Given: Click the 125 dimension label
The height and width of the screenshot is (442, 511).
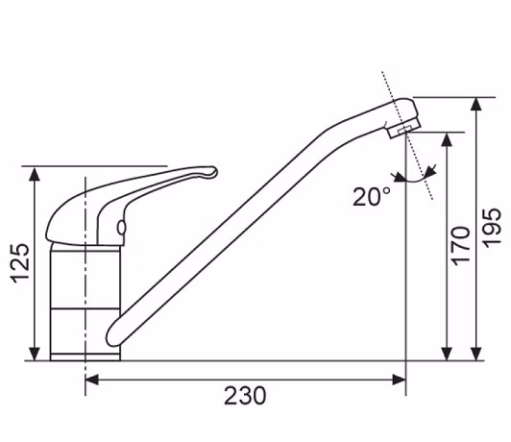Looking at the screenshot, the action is tap(20, 263).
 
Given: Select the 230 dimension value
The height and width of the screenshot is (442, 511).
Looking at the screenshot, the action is tap(245, 396).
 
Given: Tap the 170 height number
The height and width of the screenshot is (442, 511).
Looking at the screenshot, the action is tap(460, 245).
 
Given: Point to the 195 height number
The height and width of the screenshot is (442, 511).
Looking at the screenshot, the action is tap(491, 228).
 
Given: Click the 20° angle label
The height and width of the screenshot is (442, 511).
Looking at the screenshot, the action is tap(372, 197).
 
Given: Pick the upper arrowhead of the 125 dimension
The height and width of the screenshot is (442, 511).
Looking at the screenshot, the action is tap(35, 173).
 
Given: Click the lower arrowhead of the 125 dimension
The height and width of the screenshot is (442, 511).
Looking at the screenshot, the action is tap(35, 354).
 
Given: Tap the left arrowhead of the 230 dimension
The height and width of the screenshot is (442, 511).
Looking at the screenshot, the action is tap(92, 380).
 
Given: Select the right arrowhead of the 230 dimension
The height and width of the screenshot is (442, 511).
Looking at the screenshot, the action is tap(400, 380).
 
